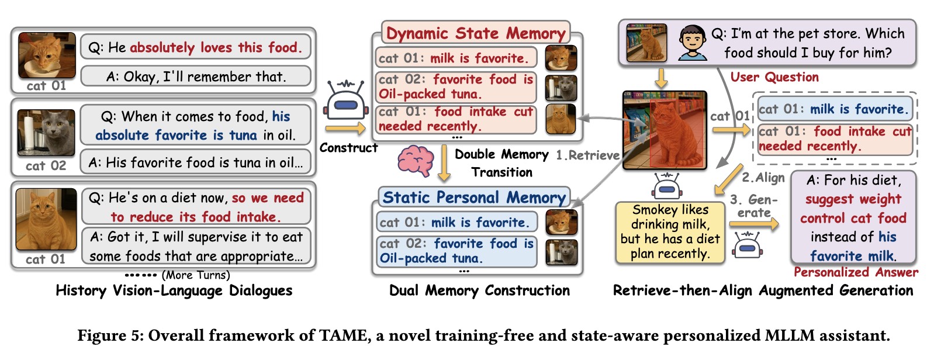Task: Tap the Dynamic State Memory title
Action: tap(476, 33)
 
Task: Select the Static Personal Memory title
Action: tap(474, 198)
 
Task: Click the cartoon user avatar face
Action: tap(693, 42)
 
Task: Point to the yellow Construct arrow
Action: tap(345, 128)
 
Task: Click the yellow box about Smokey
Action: tap(670, 231)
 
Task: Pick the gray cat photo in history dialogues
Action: tap(46, 133)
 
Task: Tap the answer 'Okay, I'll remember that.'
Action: tap(196, 77)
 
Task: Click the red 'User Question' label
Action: tap(774, 77)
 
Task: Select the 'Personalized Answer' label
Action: tap(856, 272)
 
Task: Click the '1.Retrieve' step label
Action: tap(587, 155)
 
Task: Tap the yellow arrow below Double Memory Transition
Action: tap(444, 164)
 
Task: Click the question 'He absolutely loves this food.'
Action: tap(196, 47)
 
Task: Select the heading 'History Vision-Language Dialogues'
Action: tap(174, 290)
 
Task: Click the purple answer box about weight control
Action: tap(853, 217)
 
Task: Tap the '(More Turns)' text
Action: tap(196, 275)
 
